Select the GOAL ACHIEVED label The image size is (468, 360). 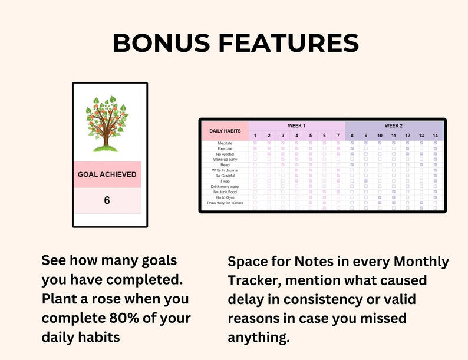(x=107, y=174)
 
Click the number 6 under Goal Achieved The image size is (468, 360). (x=107, y=200)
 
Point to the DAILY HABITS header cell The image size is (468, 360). (x=225, y=131)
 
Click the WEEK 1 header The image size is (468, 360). (x=296, y=126)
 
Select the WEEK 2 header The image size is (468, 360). (x=393, y=126)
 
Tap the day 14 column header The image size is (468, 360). (x=435, y=136)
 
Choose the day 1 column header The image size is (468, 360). (x=255, y=136)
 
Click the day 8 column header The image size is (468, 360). (x=352, y=136)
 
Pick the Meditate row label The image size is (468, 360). (x=225, y=143)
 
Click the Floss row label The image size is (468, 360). (x=225, y=181)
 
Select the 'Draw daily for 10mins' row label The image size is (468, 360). (x=225, y=203)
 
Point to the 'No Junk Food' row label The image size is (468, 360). (x=225, y=192)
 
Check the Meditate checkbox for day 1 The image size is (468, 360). (x=255, y=143)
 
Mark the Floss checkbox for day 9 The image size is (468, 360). (x=365, y=181)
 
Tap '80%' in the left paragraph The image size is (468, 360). (x=124, y=318)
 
